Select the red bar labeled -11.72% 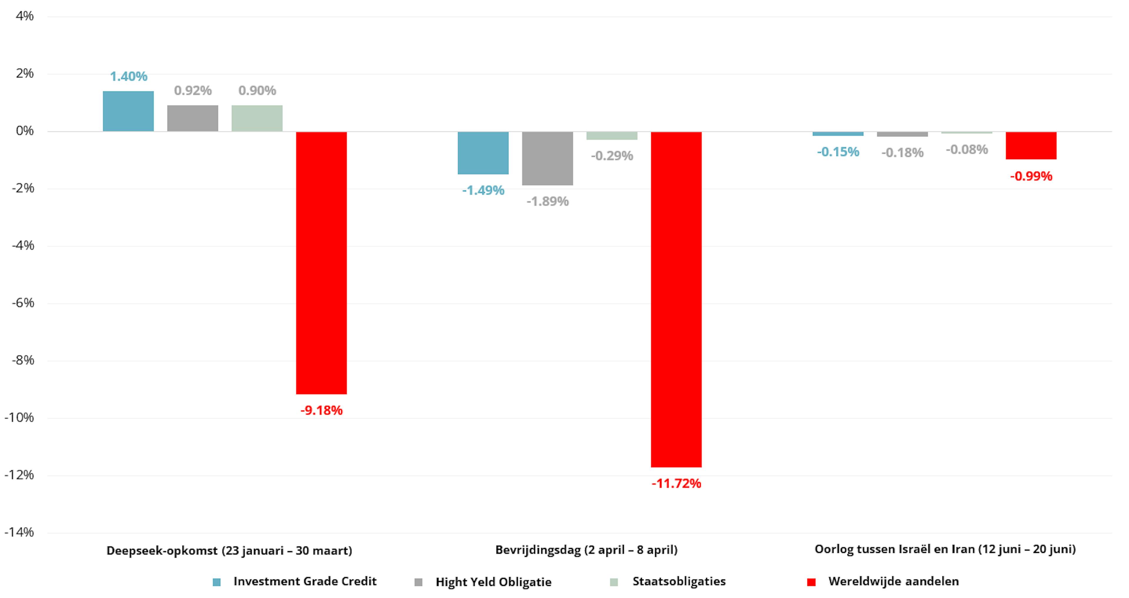pos(676,299)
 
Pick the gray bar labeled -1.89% pos(547,158)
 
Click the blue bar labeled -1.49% pos(483,153)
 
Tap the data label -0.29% pos(612,156)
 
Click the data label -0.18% pos(902,153)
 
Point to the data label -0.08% pos(967,149)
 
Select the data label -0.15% pos(838,152)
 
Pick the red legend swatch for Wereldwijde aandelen pos(811,582)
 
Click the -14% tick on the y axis pos(19,532)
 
